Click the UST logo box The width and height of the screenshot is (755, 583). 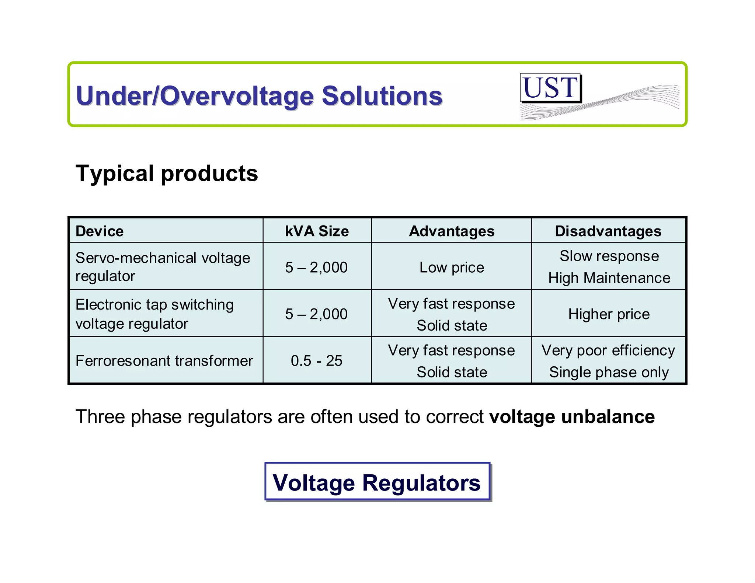pos(550,88)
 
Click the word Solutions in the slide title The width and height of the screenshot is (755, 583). pos(382,96)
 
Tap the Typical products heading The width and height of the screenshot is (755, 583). pos(167,173)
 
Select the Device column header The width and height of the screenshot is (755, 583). pos(100,231)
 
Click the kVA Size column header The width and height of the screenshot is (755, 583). pos(317,231)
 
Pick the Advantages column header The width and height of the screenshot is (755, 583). pos(452,231)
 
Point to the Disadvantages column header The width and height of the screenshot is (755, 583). pos(608,231)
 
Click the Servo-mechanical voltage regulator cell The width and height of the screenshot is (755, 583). pos(162,266)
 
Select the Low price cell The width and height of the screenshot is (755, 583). pos(452,267)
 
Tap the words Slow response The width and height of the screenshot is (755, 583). pos(609,256)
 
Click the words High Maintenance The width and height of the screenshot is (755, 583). pos(609,278)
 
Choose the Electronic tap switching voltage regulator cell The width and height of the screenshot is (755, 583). pos(154,314)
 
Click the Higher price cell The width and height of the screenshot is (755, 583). pos(609,314)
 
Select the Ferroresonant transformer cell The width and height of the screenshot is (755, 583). pos(164,360)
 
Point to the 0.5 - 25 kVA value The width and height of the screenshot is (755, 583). pos(316,360)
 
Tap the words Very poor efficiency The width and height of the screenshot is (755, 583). pos(608,350)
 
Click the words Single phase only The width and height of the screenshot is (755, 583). pos(609,372)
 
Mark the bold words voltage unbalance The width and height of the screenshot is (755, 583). pos(572,417)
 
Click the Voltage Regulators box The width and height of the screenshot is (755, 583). pos(377,482)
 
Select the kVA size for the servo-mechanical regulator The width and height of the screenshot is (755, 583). pos(316,267)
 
